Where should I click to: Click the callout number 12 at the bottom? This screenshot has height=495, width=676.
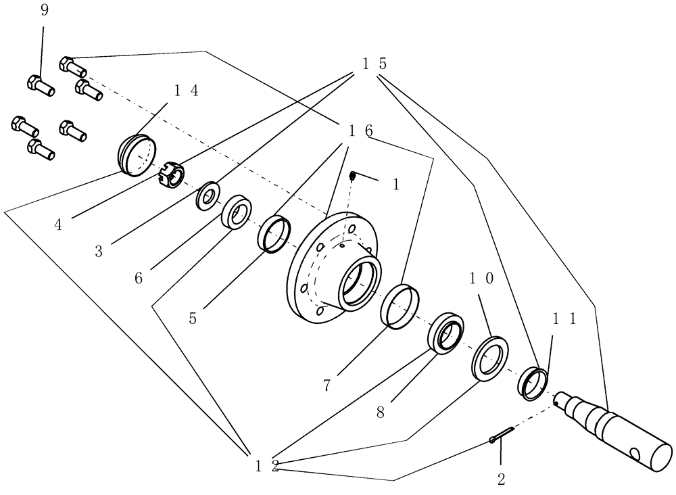click(x=268, y=466)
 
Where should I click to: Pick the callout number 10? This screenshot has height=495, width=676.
click(x=484, y=279)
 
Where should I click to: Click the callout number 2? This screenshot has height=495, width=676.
click(x=501, y=479)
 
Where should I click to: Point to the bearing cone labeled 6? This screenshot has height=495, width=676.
click(x=236, y=212)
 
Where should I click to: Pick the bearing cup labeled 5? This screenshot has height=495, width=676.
click(x=274, y=235)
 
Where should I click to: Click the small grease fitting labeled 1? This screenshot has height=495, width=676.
click(x=352, y=176)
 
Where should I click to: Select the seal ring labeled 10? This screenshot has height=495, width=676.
click(x=489, y=357)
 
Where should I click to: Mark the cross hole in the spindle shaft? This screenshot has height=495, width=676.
click(x=634, y=452)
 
